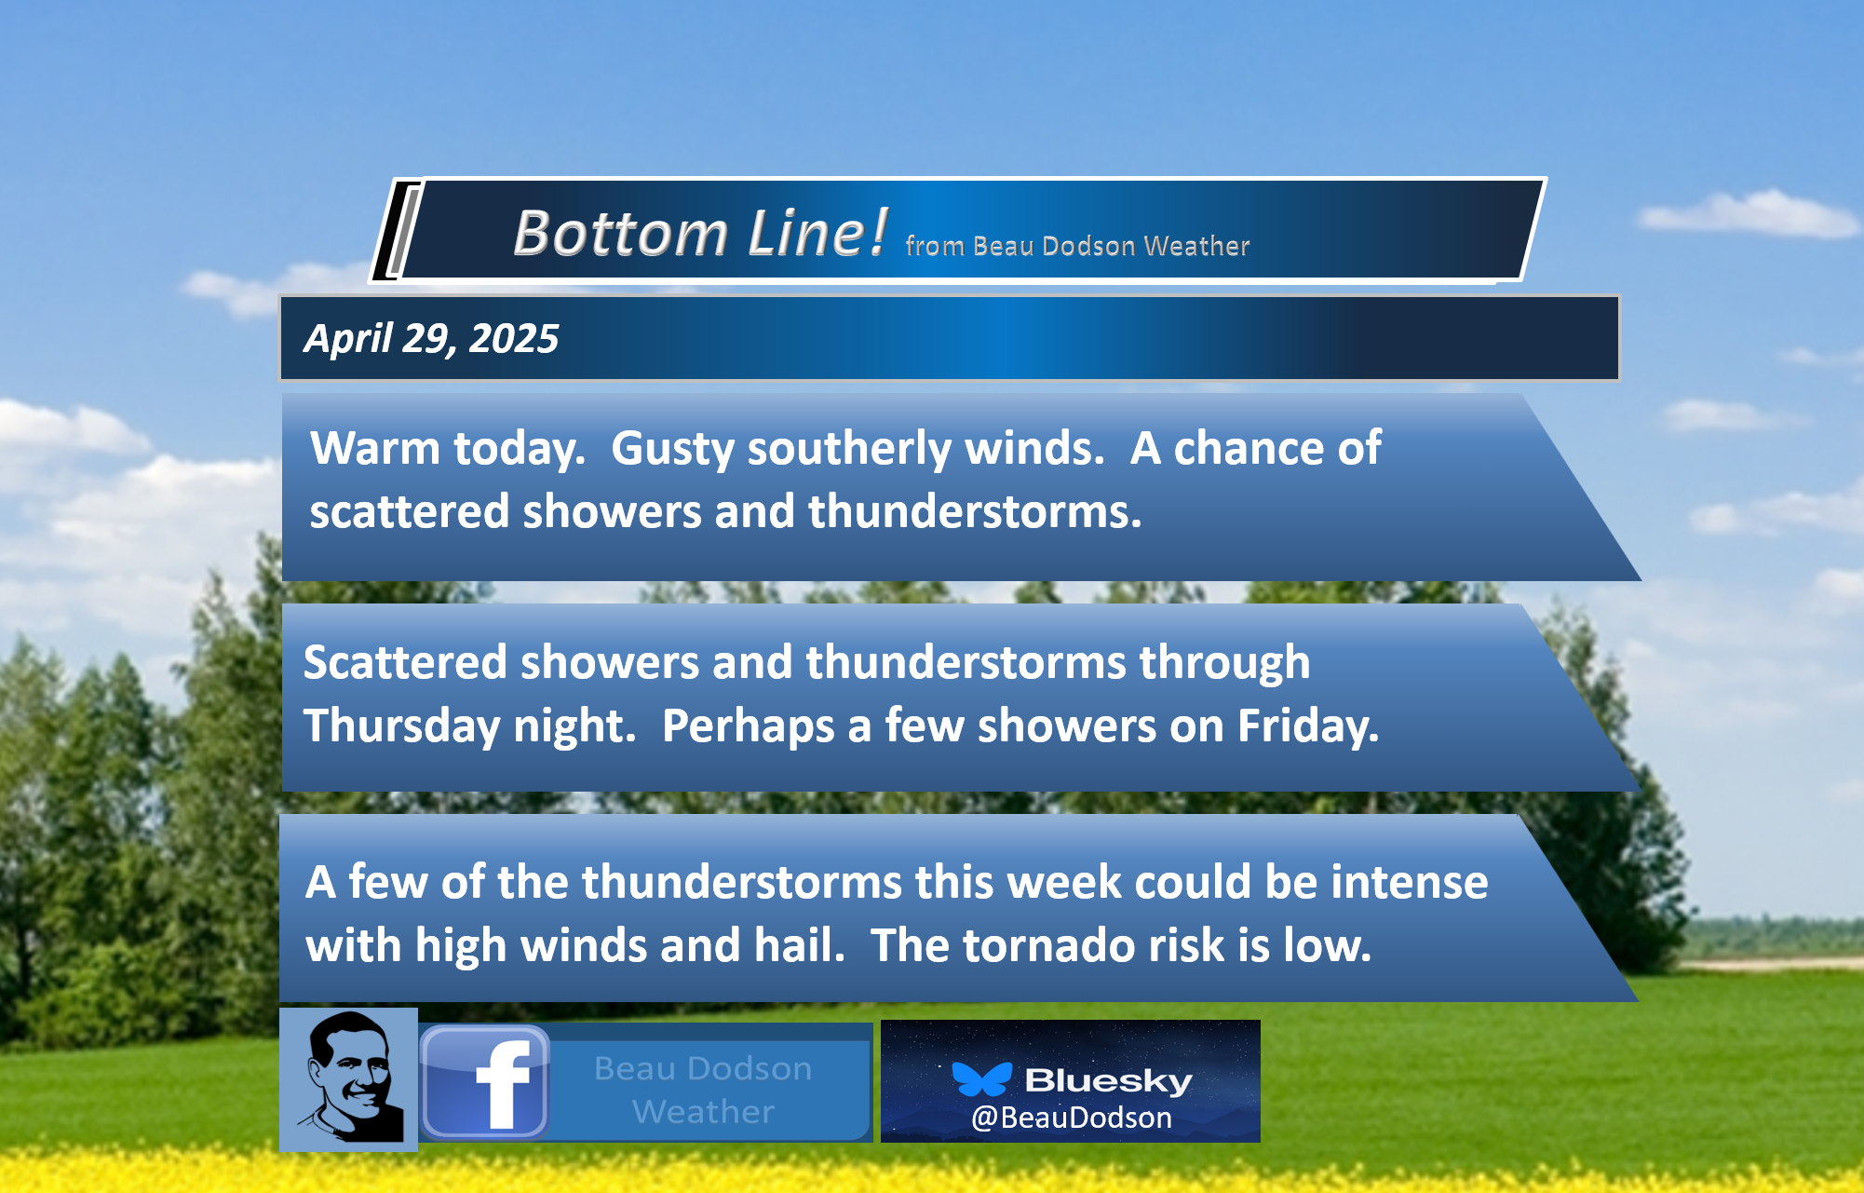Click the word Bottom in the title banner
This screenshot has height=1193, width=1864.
pyautogui.click(x=620, y=233)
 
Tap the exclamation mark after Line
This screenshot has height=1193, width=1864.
pyautogui.click(x=876, y=231)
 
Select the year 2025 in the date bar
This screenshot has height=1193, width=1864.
pyautogui.click(x=513, y=338)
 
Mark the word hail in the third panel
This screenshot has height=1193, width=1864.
pyautogui.click(x=799, y=945)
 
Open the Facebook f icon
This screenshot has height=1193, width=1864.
pyautogui.click(x=485, y=1083)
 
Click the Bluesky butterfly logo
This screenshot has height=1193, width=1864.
pyautogui.click(x=981, y=1078)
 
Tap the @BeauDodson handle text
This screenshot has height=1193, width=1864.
pyautogui.click(x=1071, y=1118)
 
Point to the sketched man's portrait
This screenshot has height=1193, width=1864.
pyautogui.click(x=349, y=1078)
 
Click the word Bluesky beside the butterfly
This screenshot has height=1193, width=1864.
pyautogui.click(x=1108, y=1080)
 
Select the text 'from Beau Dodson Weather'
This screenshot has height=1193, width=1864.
pyautogui.click(x=1077, y=246)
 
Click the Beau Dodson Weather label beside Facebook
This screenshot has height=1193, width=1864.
pyautogui.click(x=703, y=1090)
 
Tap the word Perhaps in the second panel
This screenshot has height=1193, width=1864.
pyautogui.click(x=748, y=726)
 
